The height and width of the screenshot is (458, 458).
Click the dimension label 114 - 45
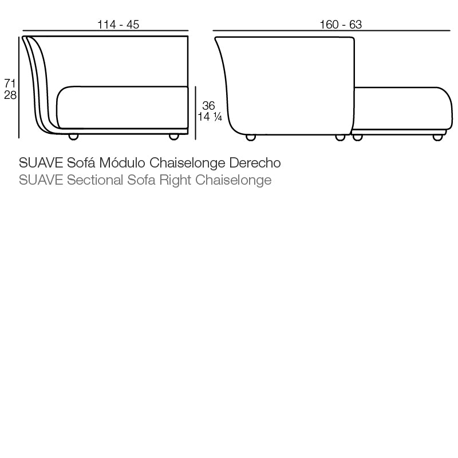tap(119, 24)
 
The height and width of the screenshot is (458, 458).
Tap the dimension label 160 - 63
tap(341, 24)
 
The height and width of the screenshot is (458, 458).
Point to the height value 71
tap(10, 83)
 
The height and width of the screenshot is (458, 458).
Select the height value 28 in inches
tap(10, 95)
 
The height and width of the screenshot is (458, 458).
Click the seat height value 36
tap(208, 106)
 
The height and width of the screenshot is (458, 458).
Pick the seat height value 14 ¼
tap(210, 118)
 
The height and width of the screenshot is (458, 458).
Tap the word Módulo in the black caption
tap(124, 163)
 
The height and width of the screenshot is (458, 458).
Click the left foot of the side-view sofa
tap(73, 137)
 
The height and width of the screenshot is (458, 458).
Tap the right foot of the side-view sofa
tap(174, 137)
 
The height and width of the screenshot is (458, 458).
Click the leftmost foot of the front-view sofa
tap(251, 137)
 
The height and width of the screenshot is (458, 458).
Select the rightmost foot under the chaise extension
tap(438, 137)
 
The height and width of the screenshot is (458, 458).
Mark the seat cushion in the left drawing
tap(123, 107)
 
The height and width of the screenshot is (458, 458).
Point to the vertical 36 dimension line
tap(196, 111)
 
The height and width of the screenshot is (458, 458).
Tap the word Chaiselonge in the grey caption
tap(233, 181)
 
